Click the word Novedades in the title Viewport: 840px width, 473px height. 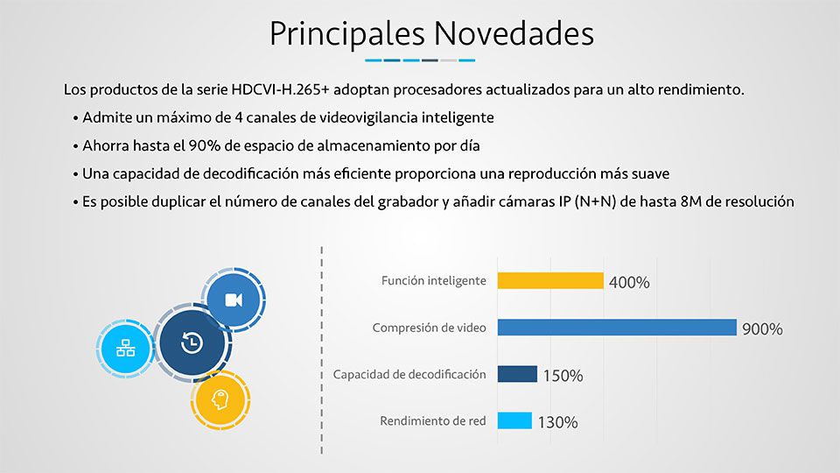point(514,33)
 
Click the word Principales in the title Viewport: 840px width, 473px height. point(346,35)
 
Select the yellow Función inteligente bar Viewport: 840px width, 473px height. point(550,280)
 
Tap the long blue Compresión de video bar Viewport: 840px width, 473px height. point(617,327)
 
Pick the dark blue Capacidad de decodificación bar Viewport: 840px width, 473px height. point(517,374)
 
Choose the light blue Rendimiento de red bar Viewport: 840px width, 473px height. point(514,420)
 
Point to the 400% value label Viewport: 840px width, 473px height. point(629,282)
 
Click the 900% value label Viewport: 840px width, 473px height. point(762,328)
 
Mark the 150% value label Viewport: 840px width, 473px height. point(563,376)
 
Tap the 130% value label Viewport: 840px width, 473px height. point(557,422)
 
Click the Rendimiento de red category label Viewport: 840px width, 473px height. point(433,421)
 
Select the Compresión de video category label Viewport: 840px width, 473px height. point(429,328)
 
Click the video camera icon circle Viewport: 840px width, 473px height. point(234,300)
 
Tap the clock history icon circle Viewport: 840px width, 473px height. point(192,342)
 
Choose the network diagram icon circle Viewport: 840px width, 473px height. point(126,348)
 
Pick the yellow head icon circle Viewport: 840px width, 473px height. point(220,399)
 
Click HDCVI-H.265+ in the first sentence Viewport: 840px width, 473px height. point(280,89)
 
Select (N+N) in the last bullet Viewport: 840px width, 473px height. point(595,201)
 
